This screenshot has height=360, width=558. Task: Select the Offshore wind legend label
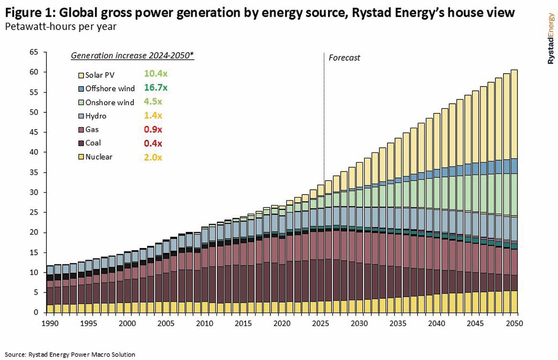[110, 88]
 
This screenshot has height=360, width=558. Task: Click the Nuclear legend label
[99, 156]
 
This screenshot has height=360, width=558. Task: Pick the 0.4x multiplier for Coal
[153, 143]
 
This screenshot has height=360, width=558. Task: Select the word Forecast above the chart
[344, 58]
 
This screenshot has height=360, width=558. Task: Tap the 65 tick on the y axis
[33, 52]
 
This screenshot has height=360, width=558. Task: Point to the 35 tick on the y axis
[33, 172]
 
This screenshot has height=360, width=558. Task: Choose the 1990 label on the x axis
[50, 324]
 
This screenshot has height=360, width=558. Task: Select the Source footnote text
[71, 354]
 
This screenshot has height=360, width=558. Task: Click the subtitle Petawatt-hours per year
[61, 26]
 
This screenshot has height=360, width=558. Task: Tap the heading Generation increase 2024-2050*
[132, 55]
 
